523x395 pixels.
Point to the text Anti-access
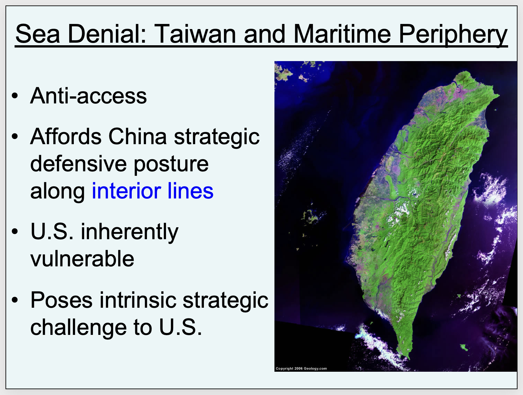click(x=88, y=96)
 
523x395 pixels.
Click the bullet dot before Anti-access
click(x=15, y=96)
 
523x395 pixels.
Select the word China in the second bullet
click(x=138, y=137)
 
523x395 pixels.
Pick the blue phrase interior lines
click(x=152, y=191)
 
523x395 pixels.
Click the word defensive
click(x=78, y=164)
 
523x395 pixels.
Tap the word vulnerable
click(x=82, y=259)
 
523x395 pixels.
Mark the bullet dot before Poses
click(x=15, y=300)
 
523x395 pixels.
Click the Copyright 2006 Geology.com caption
click(x=301, y=368)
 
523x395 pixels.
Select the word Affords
click(x=66, y=136)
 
